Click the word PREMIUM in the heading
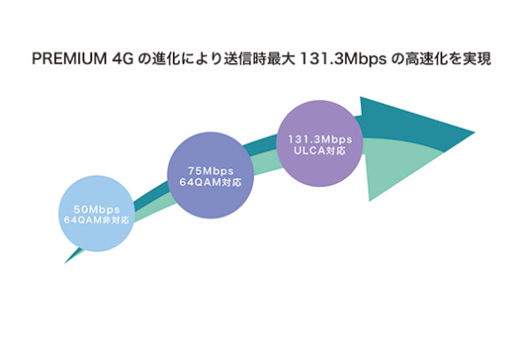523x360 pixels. (69, 59)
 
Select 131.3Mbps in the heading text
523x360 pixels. (344, 59)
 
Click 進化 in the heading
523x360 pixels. (166, 59)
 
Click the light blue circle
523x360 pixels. (97, 214)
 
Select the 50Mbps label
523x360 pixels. (97, 209)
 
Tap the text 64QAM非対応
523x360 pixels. (97, 220)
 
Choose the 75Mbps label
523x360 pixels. (210, 171)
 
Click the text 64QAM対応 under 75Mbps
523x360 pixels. (210, 182)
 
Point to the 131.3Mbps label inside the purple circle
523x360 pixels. (320, 139)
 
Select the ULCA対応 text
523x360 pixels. (319, 151)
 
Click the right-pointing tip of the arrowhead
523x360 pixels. (474, 133)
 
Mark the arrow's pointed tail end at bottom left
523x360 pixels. (66, 262)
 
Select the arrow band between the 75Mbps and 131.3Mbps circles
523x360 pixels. (265, 153)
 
